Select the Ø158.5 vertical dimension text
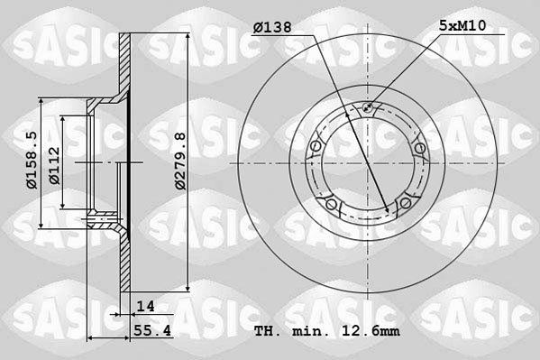tap(31, 160)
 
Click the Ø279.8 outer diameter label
tap(179, 160)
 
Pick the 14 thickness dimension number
tap(145, 307)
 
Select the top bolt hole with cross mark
tap(367, 110)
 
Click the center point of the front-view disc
tap(367, 164)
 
